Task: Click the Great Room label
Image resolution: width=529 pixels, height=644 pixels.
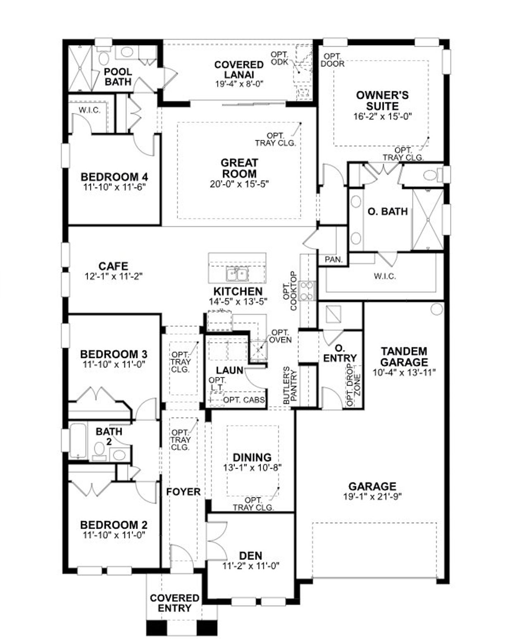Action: (238, 168)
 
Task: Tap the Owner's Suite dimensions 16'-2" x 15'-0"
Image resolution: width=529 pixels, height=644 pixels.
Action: (382, 117)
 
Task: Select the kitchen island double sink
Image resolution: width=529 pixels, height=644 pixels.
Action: (237, 274)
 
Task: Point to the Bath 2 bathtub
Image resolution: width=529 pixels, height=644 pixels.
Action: (78, 440)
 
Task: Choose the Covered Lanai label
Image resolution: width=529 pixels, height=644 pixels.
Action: (239, 69)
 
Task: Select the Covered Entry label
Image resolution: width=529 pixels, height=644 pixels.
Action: (174, 603)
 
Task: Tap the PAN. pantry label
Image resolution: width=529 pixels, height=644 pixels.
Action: (333, 260)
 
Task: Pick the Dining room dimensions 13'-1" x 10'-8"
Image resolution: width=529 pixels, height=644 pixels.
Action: (252, 468)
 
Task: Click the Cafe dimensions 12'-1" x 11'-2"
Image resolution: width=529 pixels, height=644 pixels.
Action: (113, 277)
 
